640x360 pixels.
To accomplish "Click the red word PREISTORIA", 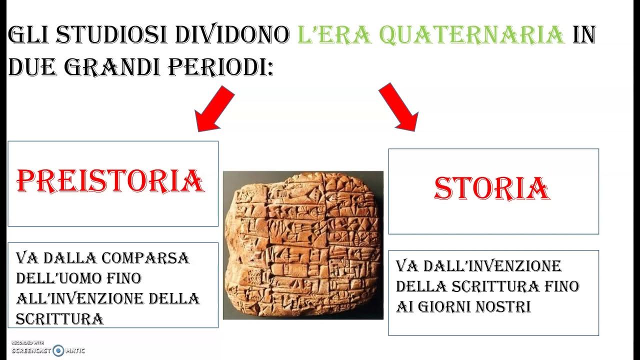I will (x=110, y=181).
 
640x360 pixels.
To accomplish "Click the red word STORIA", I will (x=492, y=189).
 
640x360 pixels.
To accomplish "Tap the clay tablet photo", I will (x=303, y=245).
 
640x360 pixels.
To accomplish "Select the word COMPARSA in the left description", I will (x=145, y=258).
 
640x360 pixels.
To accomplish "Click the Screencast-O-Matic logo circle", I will (x=58, y=350).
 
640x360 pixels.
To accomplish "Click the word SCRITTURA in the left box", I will (x=59, y=318).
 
